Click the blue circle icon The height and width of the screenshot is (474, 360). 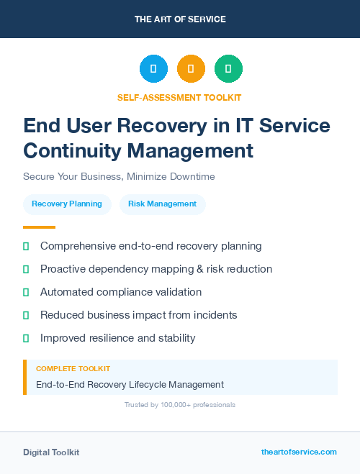(x=153, y=69)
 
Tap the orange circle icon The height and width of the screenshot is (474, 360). (x=191, y=69)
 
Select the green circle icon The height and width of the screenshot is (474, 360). (x=228, y=69)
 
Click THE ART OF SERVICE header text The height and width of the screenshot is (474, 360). (x=180, y=19)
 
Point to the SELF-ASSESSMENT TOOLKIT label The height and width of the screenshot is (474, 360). (x=179, y=98)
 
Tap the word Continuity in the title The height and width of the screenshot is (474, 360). (x=73, y=150)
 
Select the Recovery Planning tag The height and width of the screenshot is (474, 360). (x=67, y=204)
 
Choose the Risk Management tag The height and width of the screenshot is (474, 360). (x=162, y=204)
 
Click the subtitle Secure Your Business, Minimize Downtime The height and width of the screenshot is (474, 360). (x=119, y=176)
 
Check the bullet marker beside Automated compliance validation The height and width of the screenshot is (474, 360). (x=26, y=292)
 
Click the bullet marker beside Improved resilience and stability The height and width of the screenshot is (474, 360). (x=26, y=338)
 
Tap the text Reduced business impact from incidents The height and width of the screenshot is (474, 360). (x=138, y=315)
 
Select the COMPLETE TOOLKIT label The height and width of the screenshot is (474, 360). (x=73, y=368)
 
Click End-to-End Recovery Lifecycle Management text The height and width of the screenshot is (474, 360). (x=130, y=384)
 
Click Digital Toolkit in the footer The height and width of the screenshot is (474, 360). (x=51, y=452)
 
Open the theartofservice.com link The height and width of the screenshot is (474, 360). (x=299, y=452)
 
